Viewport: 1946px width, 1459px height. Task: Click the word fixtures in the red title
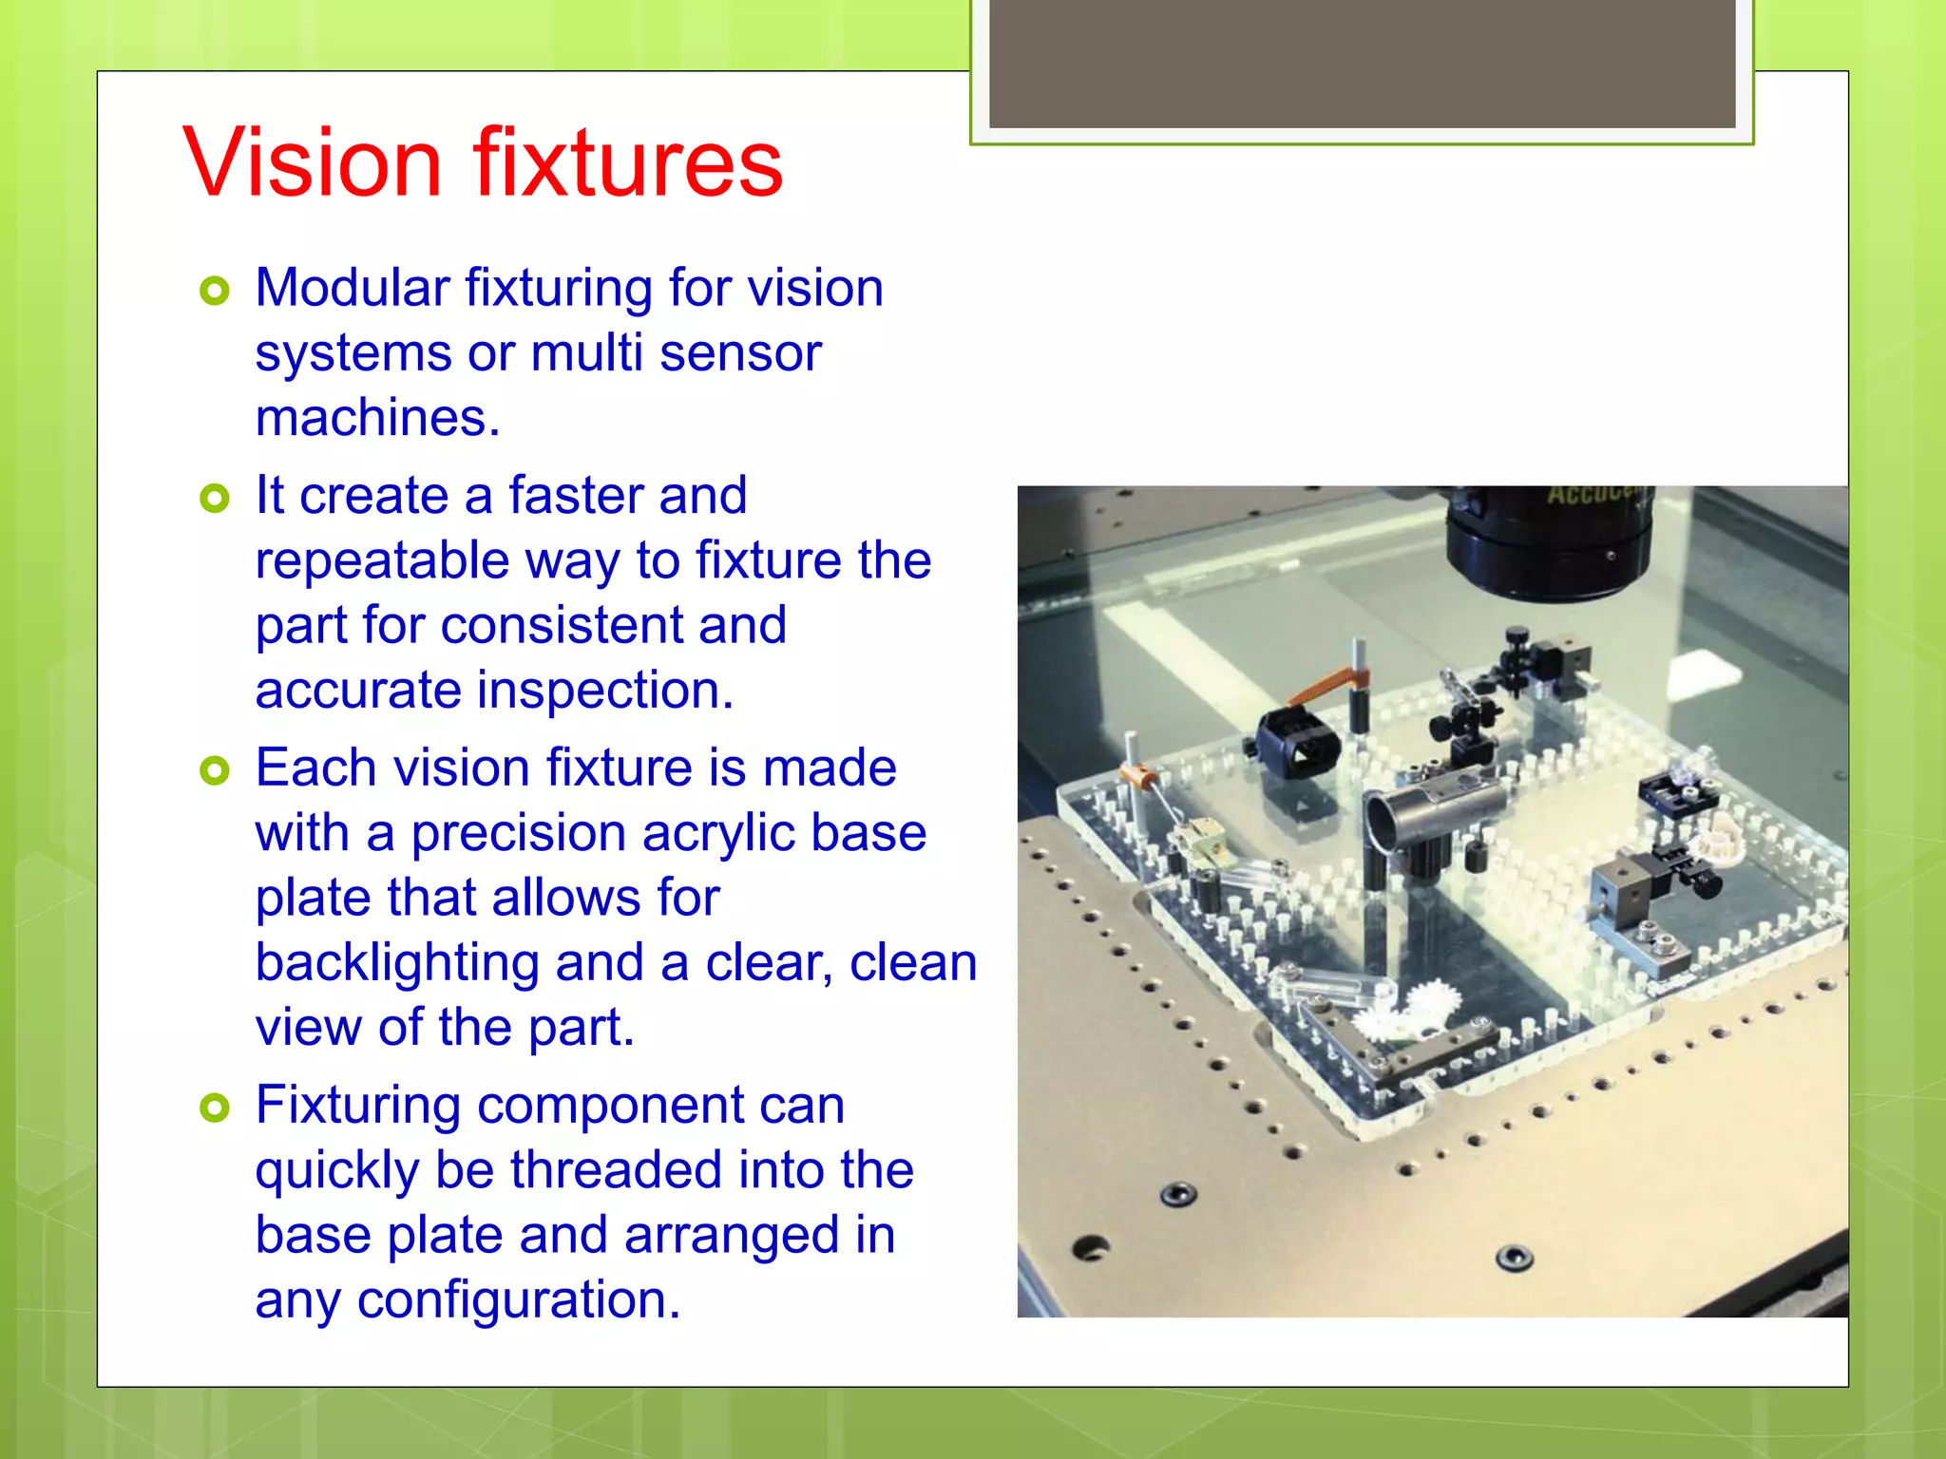(628, 163)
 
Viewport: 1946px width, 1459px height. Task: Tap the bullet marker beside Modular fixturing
(216, 291)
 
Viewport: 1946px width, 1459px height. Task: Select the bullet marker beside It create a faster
(216, 498)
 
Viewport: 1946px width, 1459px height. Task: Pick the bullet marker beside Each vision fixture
(216, 770)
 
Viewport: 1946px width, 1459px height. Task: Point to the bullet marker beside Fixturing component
(216, 1108)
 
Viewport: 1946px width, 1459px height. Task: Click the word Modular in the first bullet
(353, 288)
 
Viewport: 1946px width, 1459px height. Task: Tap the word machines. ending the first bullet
(377, 418)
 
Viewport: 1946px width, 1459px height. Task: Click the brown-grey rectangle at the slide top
(1362, 63)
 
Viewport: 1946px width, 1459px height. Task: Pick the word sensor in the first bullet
(739, 353)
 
